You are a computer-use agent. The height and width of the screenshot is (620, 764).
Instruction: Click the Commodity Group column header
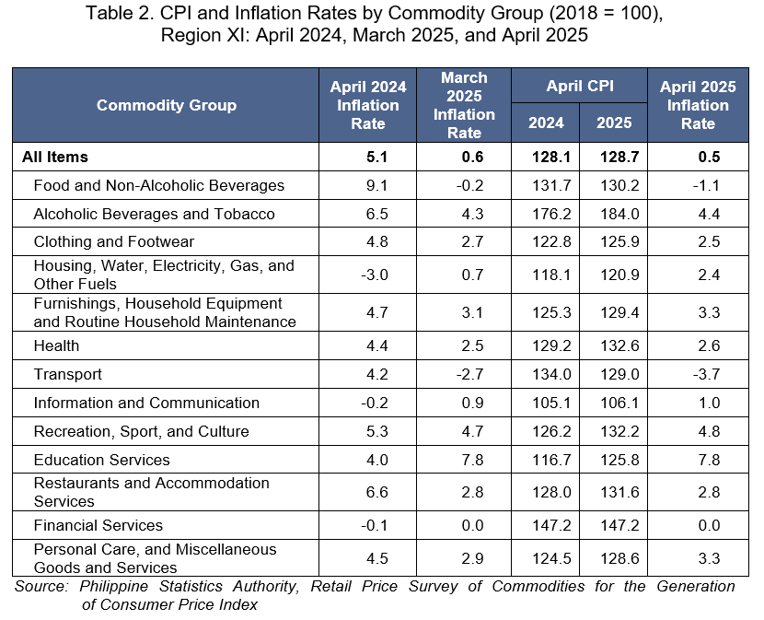coord(167,105)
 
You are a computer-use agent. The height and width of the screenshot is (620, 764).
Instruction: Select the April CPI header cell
coord(580,86)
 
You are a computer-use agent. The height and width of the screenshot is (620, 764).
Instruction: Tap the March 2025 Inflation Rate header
coord(464,105)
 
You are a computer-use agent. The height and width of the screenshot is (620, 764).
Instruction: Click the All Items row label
coord(55,157)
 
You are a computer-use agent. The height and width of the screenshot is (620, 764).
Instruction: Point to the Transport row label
coord(68,374)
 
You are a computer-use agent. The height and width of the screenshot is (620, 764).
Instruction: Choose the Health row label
coord(56,345)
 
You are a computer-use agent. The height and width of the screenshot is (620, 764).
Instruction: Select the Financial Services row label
coord(98,525)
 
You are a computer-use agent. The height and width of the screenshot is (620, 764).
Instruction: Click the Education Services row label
coord(101,460)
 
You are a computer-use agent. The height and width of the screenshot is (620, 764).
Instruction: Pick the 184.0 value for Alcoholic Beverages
coord(619,214)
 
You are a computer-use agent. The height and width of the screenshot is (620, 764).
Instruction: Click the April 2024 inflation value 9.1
coord(377,185)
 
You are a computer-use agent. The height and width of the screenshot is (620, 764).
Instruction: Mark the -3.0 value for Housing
coord(375,275)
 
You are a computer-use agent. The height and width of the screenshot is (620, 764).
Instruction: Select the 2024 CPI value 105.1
coord(551,403)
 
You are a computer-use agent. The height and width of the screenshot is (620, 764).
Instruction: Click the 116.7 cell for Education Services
coord(551,460)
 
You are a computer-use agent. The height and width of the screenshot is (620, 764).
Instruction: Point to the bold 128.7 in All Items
coord(619,157)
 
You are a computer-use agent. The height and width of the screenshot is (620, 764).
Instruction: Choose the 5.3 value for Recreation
coord(377,431)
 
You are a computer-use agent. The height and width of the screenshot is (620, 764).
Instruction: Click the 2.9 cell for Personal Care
coord(472,558)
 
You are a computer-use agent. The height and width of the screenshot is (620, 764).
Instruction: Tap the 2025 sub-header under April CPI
coord(614,123)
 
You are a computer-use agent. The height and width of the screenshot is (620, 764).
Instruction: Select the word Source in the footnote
coord(41,586)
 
